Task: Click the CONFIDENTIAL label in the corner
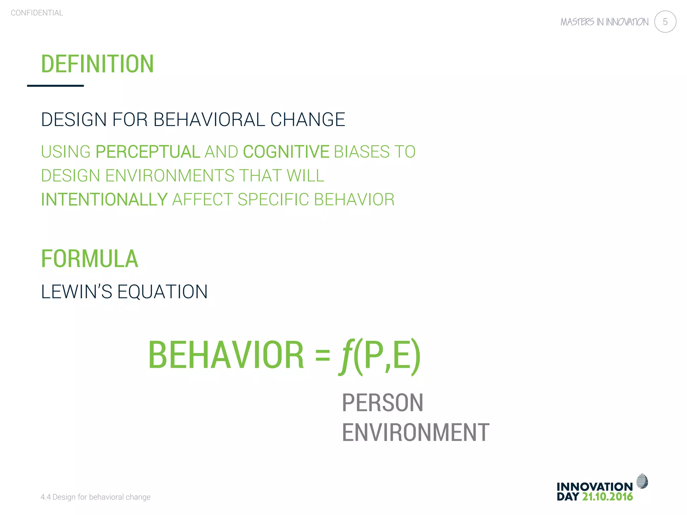(37, 13)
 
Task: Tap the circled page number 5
(665, 22)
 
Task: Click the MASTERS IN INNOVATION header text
(604, 22)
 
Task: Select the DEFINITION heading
(97, 64)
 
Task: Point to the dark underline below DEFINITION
(55, 86)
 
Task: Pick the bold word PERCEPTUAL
(148, 152)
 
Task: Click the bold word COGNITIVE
(286, 152)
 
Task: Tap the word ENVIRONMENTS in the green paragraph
(170, 176)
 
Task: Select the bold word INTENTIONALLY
(104, 199)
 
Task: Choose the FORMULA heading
(90, 259)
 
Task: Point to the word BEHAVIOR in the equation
(226, 355)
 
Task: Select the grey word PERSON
(382, 403)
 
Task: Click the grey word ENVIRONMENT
(415, 433)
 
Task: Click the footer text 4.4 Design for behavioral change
(96, 497)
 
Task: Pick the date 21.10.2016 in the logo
(607, 497)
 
